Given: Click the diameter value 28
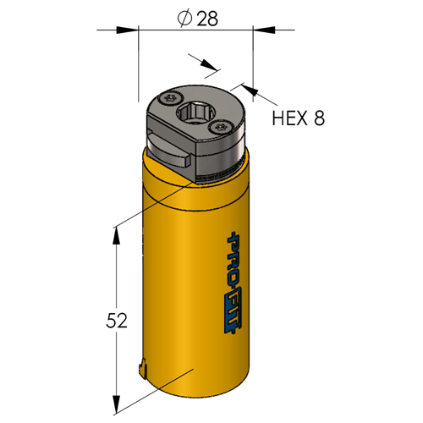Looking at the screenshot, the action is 207,19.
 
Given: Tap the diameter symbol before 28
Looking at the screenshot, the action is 184,19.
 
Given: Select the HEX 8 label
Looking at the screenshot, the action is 299,118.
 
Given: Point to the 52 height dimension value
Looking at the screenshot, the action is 117,321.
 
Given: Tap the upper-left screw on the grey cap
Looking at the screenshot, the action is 170,98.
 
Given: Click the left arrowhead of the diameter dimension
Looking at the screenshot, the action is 128,30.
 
